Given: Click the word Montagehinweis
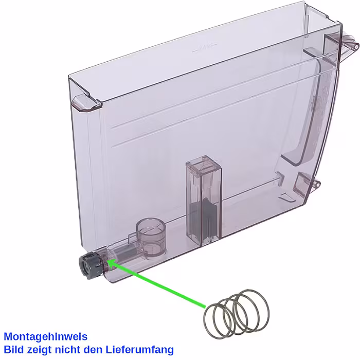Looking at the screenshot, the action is [x=46, y=336].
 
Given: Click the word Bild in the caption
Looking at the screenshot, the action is [x=14, y=350].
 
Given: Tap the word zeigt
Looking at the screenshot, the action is [x=39, y=350].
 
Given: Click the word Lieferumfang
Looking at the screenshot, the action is [x=139, y=350].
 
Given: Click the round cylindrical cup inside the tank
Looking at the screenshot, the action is [x=151, y=236].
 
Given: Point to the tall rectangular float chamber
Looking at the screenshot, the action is [x=204, y=200].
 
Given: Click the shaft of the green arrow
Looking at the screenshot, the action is [x=156, y=283].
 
